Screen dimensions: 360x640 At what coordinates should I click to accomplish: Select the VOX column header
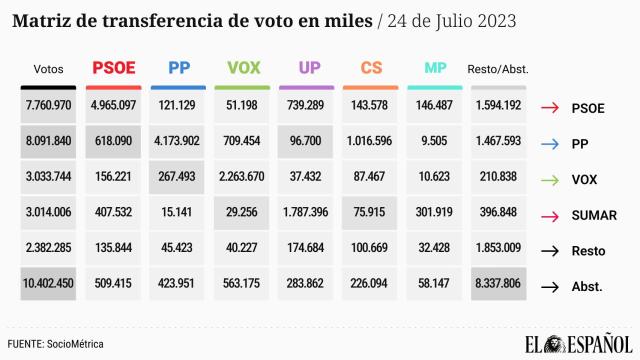(x=243, y=68)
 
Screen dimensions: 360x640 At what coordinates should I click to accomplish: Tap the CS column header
(x=371, y=68)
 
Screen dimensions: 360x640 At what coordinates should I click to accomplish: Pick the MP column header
(x=435, y=68)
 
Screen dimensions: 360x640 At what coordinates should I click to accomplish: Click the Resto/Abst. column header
(x=498, y=69)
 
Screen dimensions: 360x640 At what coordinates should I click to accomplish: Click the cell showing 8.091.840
(x=48, y=142)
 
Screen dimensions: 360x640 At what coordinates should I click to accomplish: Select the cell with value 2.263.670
(x=243, y=178)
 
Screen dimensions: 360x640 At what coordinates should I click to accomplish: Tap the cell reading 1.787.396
(x=307, y=214)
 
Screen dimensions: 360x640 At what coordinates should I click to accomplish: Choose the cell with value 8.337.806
(x=498, y=286)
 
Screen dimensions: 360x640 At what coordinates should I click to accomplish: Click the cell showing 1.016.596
(x=371, y=142)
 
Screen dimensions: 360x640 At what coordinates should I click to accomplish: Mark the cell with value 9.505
(x=435, y=142)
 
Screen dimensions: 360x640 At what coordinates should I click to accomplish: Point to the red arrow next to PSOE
(x=549, y=107)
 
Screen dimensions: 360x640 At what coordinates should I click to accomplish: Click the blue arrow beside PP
(x=549, y=143)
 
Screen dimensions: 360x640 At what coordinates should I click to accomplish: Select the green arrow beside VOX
(x=549, y=179)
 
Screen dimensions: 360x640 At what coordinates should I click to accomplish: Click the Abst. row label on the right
(x=586, y=287)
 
